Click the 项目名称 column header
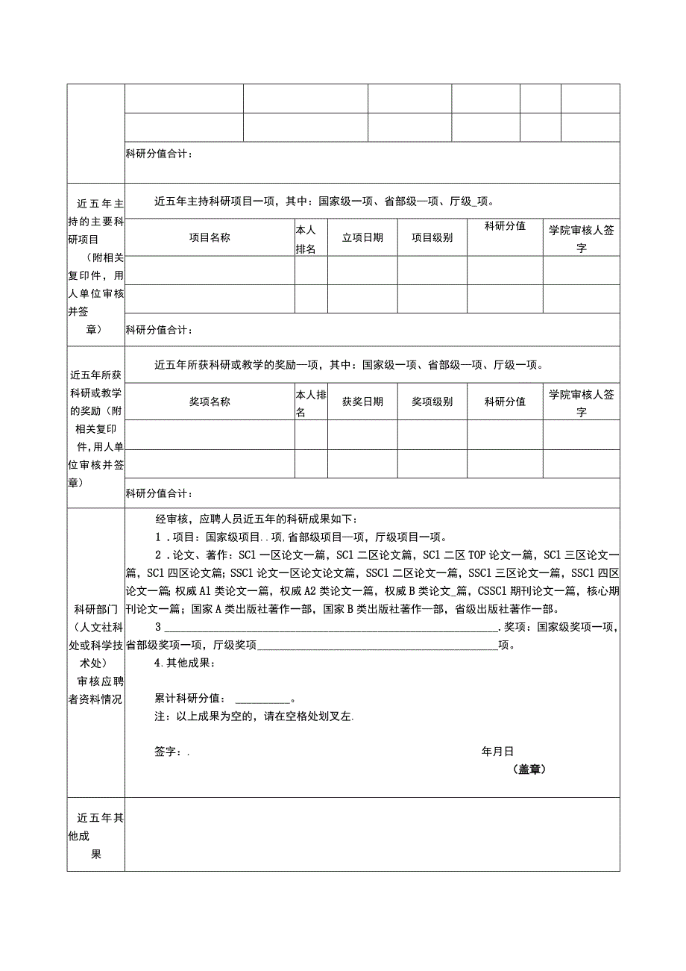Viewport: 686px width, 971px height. tap(210, 237)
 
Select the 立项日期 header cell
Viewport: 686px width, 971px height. tap(362, 237)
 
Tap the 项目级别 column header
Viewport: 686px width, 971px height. tap(432, 237)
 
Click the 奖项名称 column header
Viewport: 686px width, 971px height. tap(210, 402)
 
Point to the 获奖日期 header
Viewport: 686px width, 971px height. tap(362, 402)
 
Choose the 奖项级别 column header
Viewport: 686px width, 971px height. tap(432, 402)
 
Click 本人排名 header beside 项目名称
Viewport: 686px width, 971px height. tap(306, 240)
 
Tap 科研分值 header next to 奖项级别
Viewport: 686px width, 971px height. tap(505, 402)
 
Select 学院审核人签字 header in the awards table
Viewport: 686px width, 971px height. tap(581, 402)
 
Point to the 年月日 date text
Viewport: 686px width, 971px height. tap(497, 752)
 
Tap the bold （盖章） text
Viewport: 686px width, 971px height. tap(529, 769)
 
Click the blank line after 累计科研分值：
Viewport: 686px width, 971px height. tap(262, 699)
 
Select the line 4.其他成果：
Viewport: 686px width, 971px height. tap(180, 663)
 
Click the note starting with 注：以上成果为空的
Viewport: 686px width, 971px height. tap(254, 716)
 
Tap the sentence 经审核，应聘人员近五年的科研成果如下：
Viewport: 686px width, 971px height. tap(257, 519)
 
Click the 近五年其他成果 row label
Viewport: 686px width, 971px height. tap(95, 836)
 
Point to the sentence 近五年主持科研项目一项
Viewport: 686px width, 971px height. tap(324, 201)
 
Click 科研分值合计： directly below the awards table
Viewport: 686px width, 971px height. tap(160, 493)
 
